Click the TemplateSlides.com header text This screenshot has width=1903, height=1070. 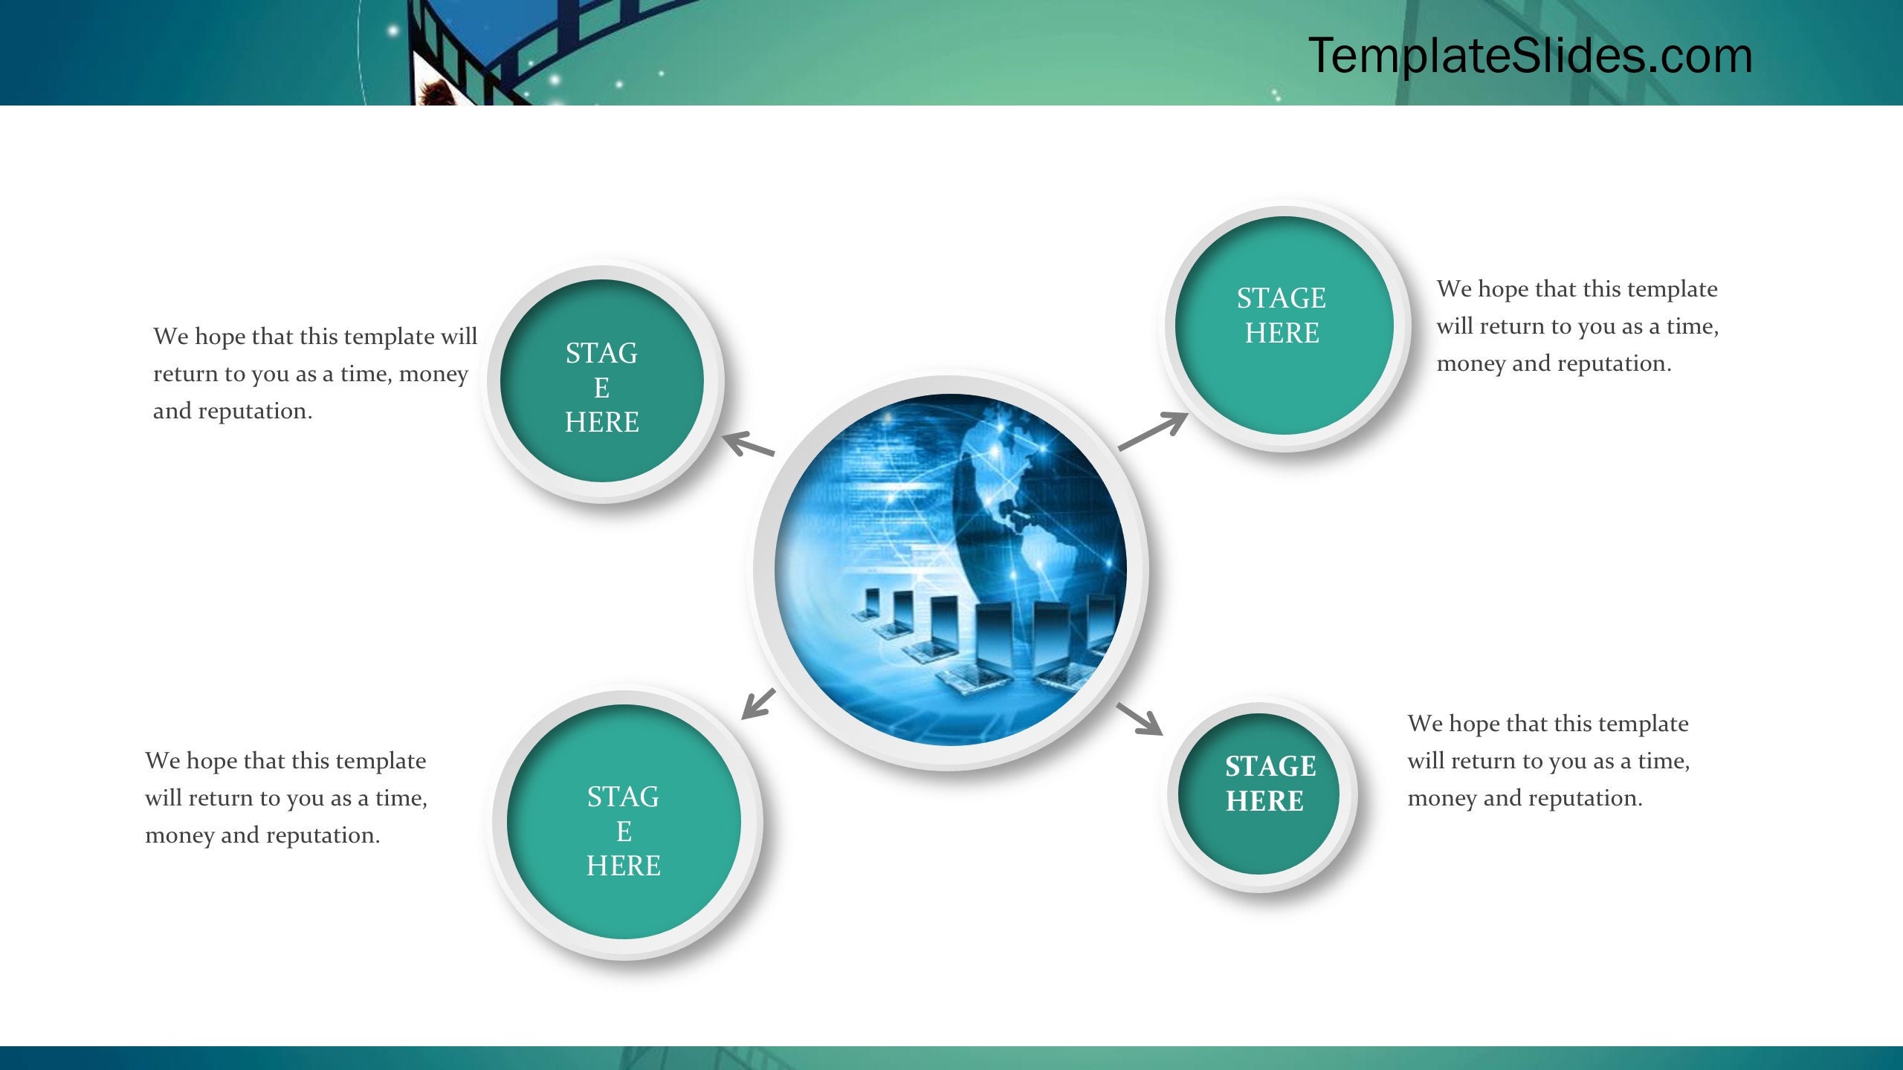click(1530, 56)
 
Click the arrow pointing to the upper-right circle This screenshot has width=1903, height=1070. click(1154, 431)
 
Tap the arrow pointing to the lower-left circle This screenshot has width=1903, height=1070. click(758, 704)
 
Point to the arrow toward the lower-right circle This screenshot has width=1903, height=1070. click(1140, 719)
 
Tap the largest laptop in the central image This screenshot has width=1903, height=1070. click(992, 646)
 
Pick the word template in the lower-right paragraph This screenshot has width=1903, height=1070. click(1642, 724)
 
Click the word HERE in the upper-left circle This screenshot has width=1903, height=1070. click(602, 422)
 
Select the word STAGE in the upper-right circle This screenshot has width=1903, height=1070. click(1281, 299)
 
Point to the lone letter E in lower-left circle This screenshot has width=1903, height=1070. click(624, 831)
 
